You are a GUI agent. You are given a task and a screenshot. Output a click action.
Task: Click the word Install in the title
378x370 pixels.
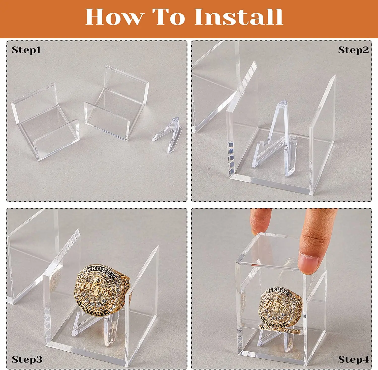point(238,17)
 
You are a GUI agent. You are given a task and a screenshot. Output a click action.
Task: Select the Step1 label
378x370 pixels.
point(26,50)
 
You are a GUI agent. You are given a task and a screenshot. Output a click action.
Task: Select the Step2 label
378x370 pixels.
point(353,50)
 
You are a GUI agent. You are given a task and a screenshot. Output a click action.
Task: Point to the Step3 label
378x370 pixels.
point(27,359)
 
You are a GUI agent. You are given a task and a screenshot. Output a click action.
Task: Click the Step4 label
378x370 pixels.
point(353,359)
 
